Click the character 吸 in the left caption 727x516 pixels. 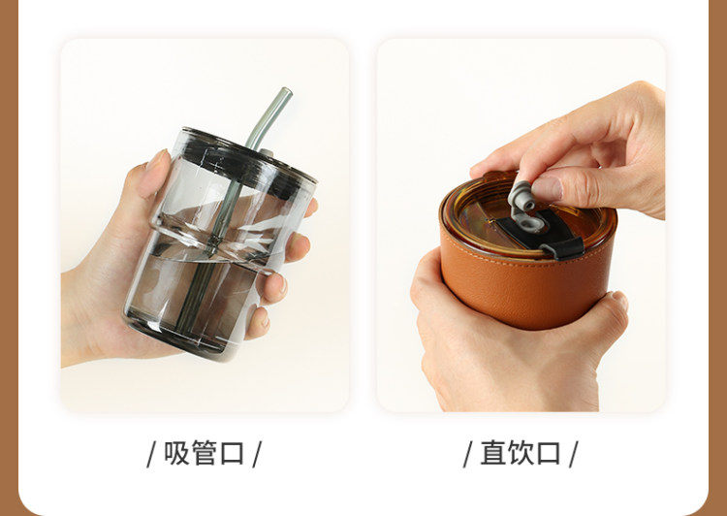177,453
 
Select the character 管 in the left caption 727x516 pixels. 205,453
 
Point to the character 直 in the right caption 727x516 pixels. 493,453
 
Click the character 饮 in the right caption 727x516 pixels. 522,453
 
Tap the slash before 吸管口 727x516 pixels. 151,454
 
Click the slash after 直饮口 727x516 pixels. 574,454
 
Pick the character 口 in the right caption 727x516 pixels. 549,453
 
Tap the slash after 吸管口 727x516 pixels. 257,454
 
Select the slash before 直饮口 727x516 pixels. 468,454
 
